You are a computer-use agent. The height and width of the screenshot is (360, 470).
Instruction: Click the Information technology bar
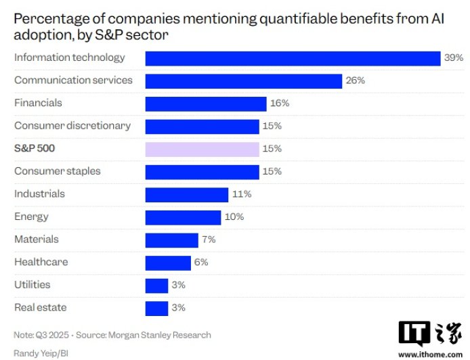click(x=293, y=58)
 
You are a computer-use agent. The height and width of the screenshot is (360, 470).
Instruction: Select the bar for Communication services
click(x=243, y=81)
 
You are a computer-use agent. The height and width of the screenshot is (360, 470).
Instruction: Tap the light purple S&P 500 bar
click(x=202, y=149)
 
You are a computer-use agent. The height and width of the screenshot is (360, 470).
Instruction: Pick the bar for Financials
click(x=205, y=104)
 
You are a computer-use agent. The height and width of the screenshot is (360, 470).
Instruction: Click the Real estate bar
click(x=156, y=308)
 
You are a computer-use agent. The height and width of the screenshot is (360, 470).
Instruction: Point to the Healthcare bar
click(x=168, y=263)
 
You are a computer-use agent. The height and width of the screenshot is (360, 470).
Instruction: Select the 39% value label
click(x=452, y=58)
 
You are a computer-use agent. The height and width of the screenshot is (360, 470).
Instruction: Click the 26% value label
click(x=355, y=81)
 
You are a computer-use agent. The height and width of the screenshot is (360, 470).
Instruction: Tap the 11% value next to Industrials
click(x=242, y=194)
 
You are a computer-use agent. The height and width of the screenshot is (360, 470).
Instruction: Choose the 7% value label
click(x=209, y=240)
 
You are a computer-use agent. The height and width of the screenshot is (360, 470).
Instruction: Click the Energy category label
click(x=31, y=217)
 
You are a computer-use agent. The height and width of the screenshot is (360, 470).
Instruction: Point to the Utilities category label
click(x=32, y=285)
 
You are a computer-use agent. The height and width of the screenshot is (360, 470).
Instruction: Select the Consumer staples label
click(x=57, y=171)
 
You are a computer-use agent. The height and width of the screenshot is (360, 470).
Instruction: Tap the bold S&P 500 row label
click(x=34, y=148)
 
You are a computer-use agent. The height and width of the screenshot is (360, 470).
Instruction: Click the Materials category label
click(x=36, y=240)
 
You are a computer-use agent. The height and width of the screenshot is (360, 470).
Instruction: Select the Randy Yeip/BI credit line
click(x=41, y=353)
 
